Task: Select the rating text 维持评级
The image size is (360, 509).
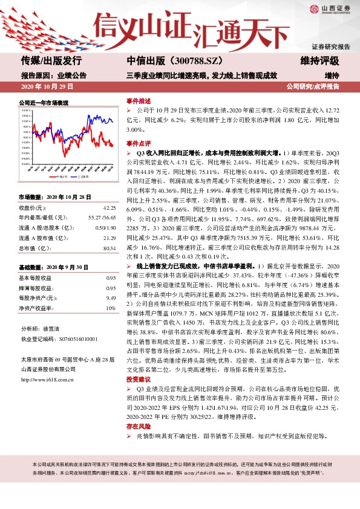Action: coord(319,61)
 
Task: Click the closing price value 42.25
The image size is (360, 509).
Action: coord(109,207)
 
